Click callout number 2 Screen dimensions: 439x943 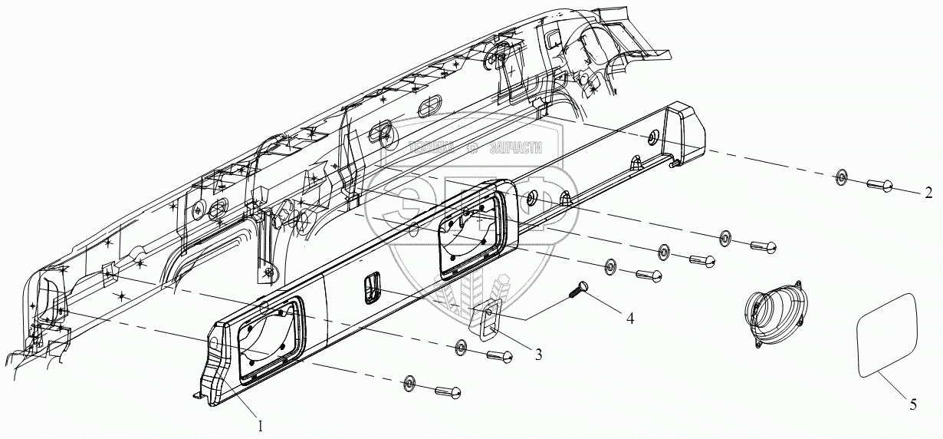(x=928, y=192)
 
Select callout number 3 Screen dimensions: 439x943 (x=539, y=354)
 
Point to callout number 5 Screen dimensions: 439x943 (x=912, y=405)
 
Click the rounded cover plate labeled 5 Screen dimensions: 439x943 (x=886, y=334)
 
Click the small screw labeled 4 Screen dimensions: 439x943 (x=578, y=290)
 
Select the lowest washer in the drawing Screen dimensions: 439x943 (x=409, y=382)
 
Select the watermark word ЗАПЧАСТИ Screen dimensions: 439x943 (x=515, y=148)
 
